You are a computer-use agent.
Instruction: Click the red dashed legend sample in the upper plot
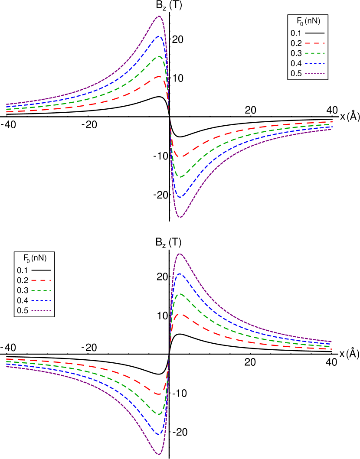pyautogui.click(x=315, y=43)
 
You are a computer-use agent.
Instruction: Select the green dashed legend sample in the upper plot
pyautogui.click(x=315, y=53)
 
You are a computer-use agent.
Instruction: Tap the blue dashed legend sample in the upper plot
pyautogui.click(x=315, y=63)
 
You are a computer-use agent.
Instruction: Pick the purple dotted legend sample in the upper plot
pyautogui.click(x=315, y=74)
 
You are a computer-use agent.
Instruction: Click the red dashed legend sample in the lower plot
pyautogui.click(x=41, y=280)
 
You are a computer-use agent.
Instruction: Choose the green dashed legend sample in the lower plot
pyautogui.click(x=41, y=290)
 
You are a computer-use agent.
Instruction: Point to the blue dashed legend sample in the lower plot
pyautogui.click(x=41, y=300)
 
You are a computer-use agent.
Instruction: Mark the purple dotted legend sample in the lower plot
pyautogui.click(x=41, y=310)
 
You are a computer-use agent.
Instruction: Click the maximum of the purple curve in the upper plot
pyautogui.click(x=159, y=16)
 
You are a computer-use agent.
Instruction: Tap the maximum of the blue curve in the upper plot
pyautogui.click(x=159, y=36)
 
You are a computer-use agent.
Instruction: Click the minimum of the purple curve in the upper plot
pyautogui.click(x=180, y=217)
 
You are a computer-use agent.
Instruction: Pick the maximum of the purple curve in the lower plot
pyautogui.click(x=180, y=254)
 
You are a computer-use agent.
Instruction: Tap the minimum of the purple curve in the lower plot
pyautogui.click(x=159, y=455)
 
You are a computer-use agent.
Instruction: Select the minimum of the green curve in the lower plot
pyautogui.click(x=159, y=414)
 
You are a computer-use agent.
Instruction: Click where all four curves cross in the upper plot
pyautogui.click(x=170, y=117)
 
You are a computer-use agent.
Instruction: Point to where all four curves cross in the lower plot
pyautogui.click(x=169, y=354)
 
